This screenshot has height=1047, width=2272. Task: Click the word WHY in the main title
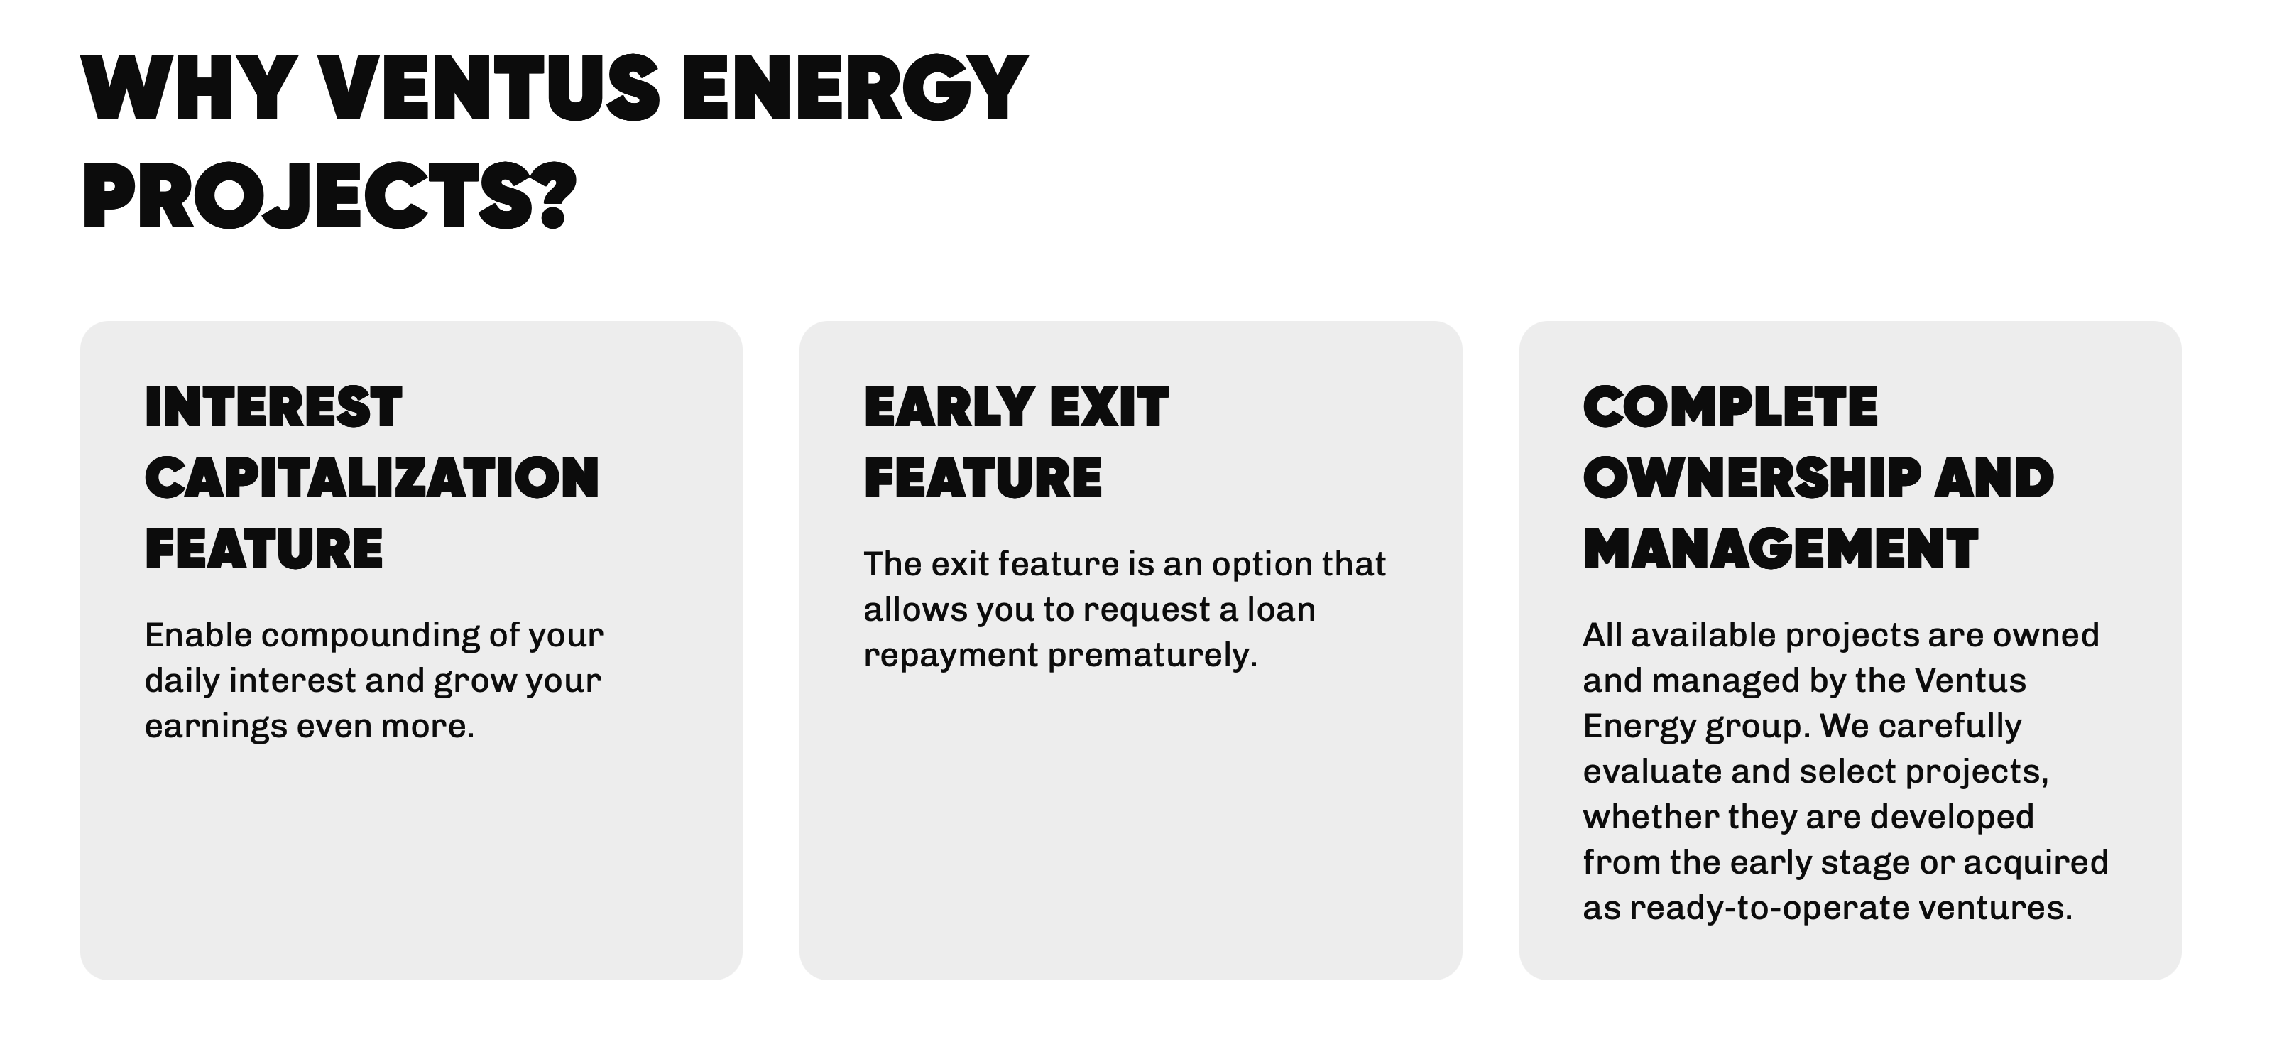(189, 87)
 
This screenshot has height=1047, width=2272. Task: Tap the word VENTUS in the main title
(488, 87)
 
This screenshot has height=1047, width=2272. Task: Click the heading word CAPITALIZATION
(372, 478)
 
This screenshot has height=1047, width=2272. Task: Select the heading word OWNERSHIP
(1752, 478)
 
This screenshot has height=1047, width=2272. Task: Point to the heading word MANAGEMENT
(1781, 548)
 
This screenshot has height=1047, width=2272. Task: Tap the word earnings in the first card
(215, 727)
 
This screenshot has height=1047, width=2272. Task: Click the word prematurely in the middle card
(1152, 656)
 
